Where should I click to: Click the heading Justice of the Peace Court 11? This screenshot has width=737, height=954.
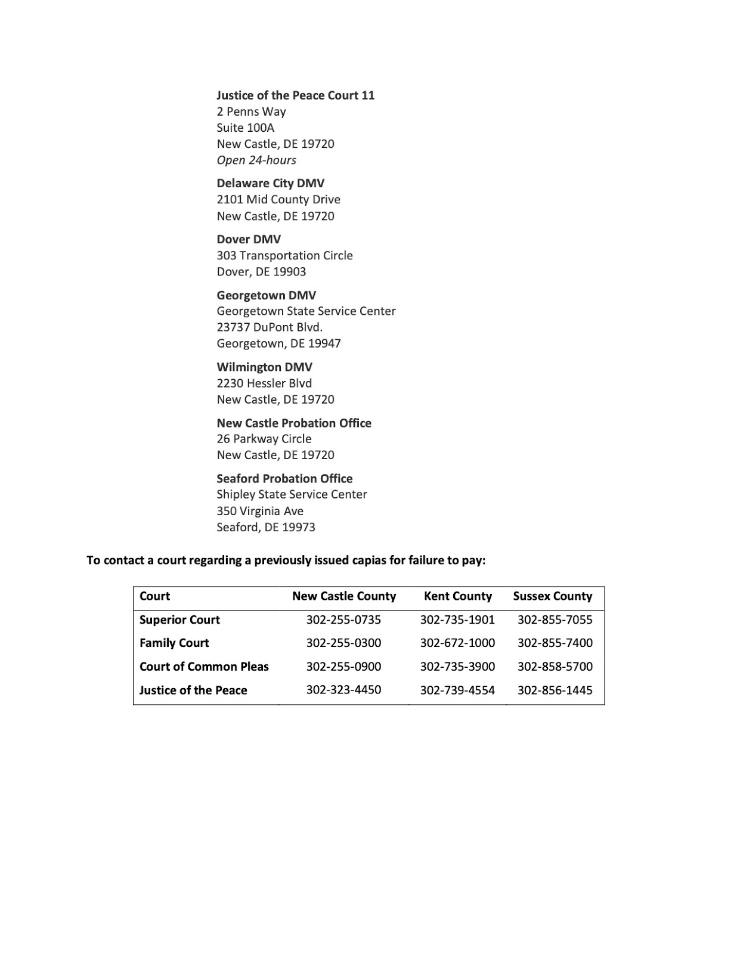pyautogui.click(x=295, y=95)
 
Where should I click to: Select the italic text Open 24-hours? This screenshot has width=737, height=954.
pyautogui.click(x=256, y=160)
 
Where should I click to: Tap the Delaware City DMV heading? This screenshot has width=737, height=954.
pyautogui.click(x=270, y=183)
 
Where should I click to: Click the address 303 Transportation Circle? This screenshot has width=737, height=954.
pyautogui.click(x=284, y=255)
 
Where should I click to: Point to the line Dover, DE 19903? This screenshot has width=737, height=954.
pyautogui.click(x=261, y=271)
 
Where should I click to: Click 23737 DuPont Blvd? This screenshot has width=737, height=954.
pyautogui.click(x=270, y=327)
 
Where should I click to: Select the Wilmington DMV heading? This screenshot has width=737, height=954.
pyautogui.click(x=264, y=367)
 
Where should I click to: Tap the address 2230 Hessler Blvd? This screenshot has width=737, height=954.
pyautogui.click(x=264, y=383)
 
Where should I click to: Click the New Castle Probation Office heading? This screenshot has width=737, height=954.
pyautogui.click(x=293, y=423)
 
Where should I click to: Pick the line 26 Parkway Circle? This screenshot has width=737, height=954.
pyautogui.click(x=264, y=439)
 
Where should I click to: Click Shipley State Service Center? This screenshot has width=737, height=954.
pyautogui.click(x=292, y=494)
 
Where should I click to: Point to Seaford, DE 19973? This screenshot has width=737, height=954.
pyautogui.click(x=266, y=527)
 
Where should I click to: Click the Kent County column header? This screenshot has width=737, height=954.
pyautogui.click(x=457, y=596)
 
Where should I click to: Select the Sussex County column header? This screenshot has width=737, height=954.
pyautogui.click(x=552, y=596)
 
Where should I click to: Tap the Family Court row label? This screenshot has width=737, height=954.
pyautogui.click(x=174, y=643)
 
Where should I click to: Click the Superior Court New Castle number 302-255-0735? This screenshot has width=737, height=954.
pyautogui.click(x=343, y=620)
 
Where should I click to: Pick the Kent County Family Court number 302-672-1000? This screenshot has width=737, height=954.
pyautogui.click(x=457, y=643)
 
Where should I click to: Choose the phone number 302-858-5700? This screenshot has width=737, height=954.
pyautogui.click(x=555, y=667)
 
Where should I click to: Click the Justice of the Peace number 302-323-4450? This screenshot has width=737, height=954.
pyautogui.click(x=343, y=690)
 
